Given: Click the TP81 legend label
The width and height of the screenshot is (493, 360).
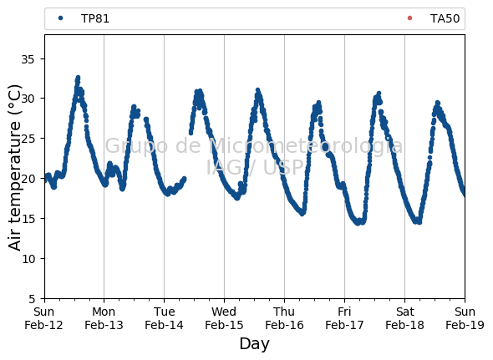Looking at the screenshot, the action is pos(95,18).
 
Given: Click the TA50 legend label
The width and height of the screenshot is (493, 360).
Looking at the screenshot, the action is pos(445,18).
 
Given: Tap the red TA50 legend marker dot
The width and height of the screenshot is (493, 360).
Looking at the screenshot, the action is pos(409,18).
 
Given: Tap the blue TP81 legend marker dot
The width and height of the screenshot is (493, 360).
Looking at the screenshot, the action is pos(61,18).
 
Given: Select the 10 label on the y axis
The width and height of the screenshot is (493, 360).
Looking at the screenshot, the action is pos(28,259).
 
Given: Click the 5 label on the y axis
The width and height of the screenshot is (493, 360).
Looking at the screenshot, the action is pos(32,299).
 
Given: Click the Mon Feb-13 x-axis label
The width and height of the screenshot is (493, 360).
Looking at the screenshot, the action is pos(104,318).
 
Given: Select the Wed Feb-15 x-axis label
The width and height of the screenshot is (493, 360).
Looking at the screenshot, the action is pos(224,318).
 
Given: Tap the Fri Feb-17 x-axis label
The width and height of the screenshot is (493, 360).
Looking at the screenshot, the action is pos(344,318).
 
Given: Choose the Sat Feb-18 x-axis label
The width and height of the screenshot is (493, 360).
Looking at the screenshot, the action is pos(404,318).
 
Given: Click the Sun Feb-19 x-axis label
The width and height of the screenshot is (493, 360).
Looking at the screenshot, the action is pos(465,318).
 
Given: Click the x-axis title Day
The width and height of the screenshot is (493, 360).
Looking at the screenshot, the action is pos(254,344).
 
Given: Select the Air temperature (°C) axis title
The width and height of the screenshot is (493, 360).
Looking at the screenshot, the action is pos(14,168).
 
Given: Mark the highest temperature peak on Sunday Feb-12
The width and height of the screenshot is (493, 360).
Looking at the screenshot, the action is pos(78,77).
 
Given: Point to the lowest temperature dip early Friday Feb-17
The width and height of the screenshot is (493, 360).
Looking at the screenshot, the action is pos(358,223).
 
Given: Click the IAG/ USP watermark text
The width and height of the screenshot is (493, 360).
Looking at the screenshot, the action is pos(254,167).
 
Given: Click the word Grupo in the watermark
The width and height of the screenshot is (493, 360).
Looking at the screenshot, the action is pos(136,146).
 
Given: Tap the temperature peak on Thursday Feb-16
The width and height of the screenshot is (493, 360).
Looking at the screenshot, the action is pos(319,103).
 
